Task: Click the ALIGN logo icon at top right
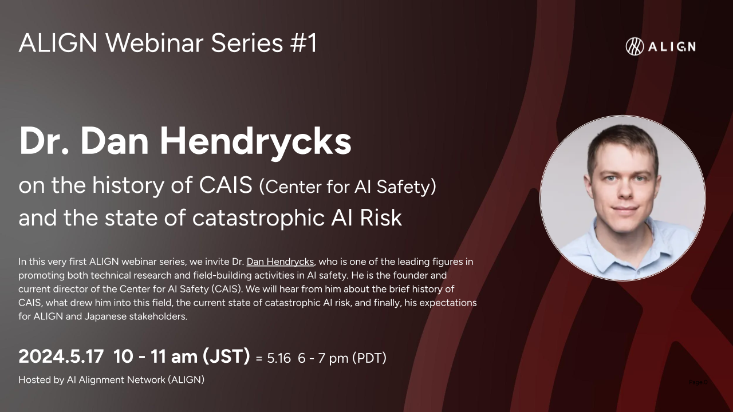pyautogui.click(x=635, y=46)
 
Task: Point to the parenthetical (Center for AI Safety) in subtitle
pyautogui.click(x=348, y=187)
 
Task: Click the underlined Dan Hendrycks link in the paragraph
pyautogui.click(x=280, y=262)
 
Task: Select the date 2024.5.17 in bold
pyautogui.click(x=61, y=356)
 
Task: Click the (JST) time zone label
pyautogui.click(x=226, y=356)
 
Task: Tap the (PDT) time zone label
pyautogui.click(x=369, y=358)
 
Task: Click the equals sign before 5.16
pyautogui.click(x=259, y=359)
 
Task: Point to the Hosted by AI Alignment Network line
pyautogui.click(x=111, y=379)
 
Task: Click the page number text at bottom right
pyautogui.click(x=698, y=382)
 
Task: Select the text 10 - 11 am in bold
pyautogui.click(x=155, y=356)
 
